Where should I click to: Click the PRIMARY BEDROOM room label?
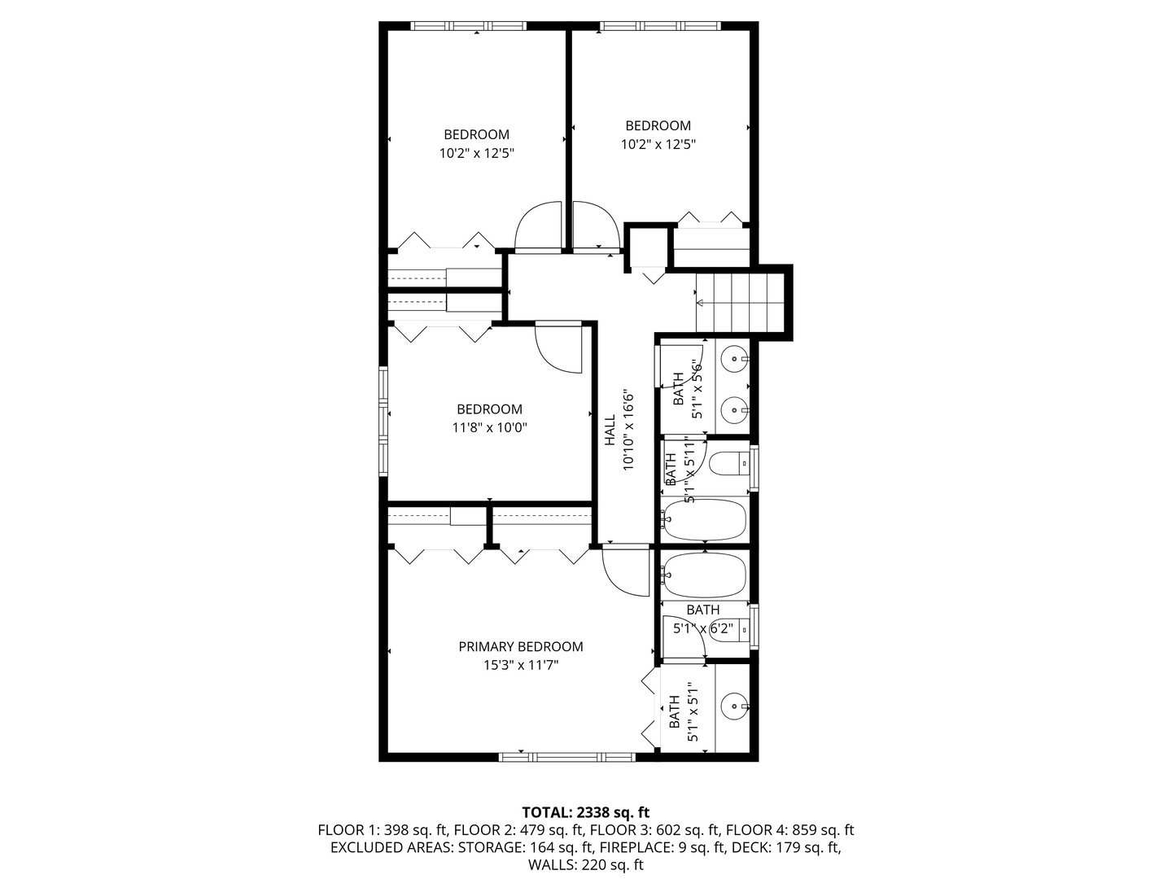tap(520, 647)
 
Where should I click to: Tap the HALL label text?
tap(610, 430)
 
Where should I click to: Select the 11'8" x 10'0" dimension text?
tap(489, 426)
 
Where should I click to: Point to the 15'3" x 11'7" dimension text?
tap(520, 665)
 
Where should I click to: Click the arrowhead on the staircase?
tap(700, 303)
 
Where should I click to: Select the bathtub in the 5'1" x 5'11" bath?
tap(705, 520)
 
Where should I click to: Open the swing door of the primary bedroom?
tap(627, 570)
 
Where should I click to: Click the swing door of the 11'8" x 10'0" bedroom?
tap(559, 348)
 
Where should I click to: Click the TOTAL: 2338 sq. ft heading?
tap(585, 812)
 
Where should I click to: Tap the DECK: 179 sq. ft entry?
tap(786, 847)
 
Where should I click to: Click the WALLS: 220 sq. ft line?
tap(585, 865)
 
